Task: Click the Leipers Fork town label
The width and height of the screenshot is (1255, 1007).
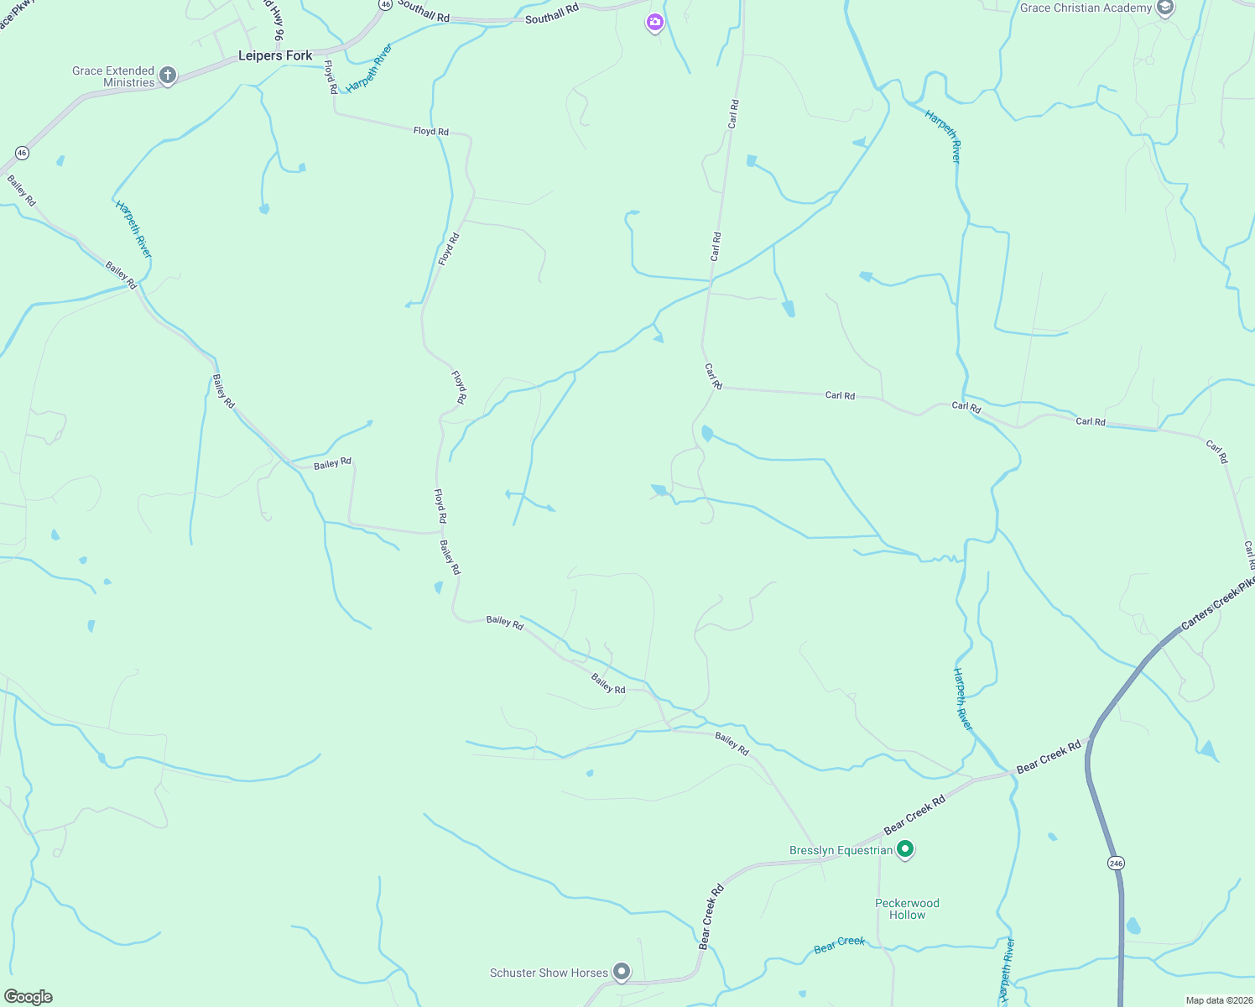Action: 275,56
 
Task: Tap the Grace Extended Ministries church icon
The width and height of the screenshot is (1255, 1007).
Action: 168,76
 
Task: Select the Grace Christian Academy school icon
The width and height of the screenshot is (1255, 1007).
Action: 1164,8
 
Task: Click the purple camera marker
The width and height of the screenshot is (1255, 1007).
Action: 654,22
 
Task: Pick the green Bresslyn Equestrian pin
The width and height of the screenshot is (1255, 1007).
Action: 905,850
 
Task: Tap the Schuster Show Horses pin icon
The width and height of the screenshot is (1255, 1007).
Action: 622,973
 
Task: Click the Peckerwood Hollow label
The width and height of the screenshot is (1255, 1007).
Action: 907,909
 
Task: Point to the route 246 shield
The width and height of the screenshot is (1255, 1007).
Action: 1116,863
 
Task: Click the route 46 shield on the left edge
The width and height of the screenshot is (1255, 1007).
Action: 22,153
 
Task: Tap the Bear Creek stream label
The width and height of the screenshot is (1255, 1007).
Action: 839,945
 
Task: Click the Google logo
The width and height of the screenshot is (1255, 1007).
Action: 29,997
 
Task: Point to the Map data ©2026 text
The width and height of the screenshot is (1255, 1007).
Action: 1218,1000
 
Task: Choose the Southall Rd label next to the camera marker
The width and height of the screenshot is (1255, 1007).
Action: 552,13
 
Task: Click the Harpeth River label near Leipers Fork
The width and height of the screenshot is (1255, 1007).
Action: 370,67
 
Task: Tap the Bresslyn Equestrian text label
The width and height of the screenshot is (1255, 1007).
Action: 841,850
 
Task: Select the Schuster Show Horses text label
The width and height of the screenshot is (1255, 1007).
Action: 549,973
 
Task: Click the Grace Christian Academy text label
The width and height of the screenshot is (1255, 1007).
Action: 1086,8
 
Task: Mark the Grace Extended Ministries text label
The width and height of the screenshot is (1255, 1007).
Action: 113,76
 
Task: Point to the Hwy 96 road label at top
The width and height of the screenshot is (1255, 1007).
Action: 274,18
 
